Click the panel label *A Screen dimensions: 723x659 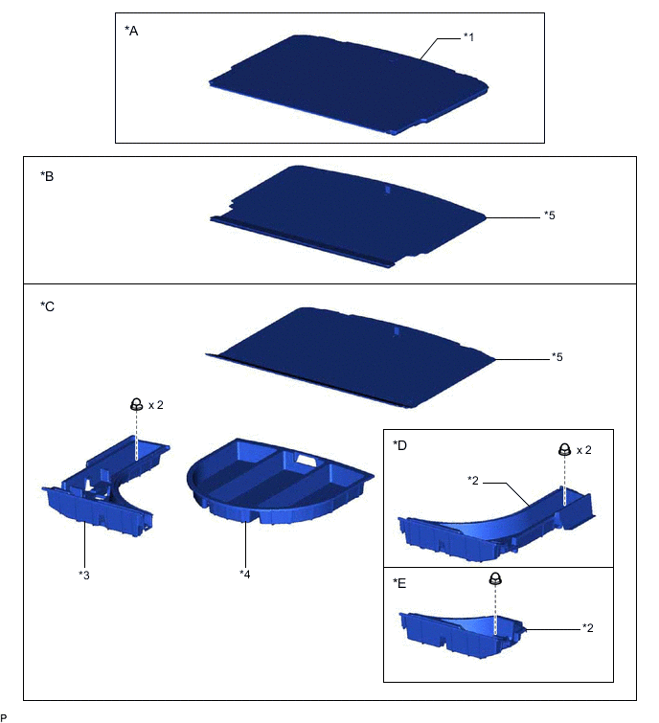tap(131, 31)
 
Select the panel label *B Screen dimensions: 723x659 tap(47, 177)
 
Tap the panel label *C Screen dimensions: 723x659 tap(47, 307)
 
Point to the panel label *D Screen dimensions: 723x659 tap(399, 445)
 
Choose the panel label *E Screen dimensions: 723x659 tap(399, 582)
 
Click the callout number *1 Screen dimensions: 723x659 tap(469, 37)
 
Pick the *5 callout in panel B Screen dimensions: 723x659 tap(549, 215)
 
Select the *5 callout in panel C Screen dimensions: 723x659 tap(557, 357)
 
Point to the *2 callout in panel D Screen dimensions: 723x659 tap(473, 479)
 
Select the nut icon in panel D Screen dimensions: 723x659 tap(564, 449)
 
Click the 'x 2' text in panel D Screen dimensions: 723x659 tap(586, 450)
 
